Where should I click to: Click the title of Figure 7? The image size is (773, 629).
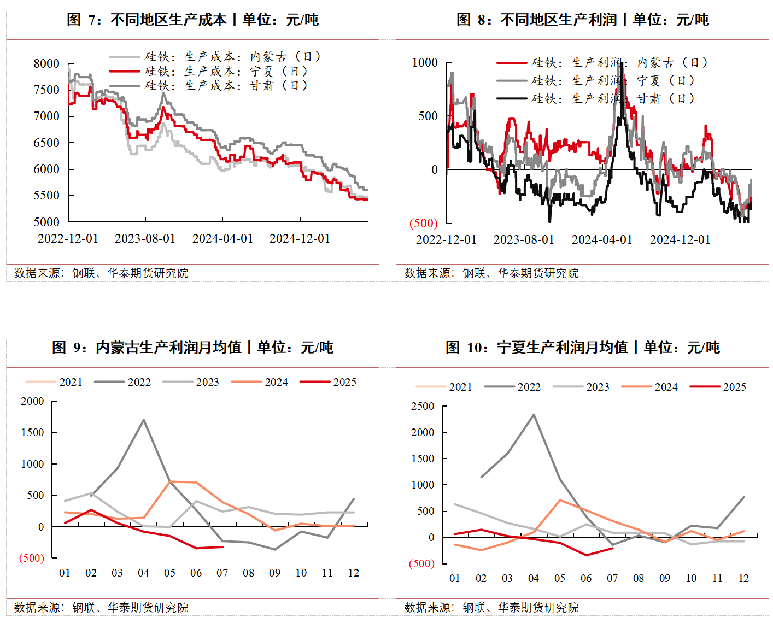(x=192, y=20)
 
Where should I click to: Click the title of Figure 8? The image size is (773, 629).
(x=583, y=20)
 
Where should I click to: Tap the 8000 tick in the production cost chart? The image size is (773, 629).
(x=46, y=63)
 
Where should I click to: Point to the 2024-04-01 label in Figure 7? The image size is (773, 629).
(x=222, y=239)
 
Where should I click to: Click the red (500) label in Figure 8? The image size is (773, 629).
(x=424, y=223)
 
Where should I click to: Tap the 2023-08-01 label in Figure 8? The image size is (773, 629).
(x=524, y=240)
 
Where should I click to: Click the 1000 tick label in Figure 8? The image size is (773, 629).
(x=425, y=63)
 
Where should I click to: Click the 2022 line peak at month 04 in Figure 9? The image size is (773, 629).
(x=144, y=420)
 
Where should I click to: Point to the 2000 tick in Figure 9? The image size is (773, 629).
(x=32, y=402)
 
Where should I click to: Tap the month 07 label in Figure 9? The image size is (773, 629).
(x=222, y=573)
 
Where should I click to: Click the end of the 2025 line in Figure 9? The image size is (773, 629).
(x=222, y=546)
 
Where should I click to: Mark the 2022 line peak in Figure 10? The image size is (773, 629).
(x=534, y=415)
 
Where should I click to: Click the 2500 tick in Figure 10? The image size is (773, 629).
(x=423, y=407)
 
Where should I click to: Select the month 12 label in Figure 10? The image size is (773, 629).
(x=743, y=578)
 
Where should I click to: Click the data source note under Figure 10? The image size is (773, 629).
(x=491, y=608)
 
